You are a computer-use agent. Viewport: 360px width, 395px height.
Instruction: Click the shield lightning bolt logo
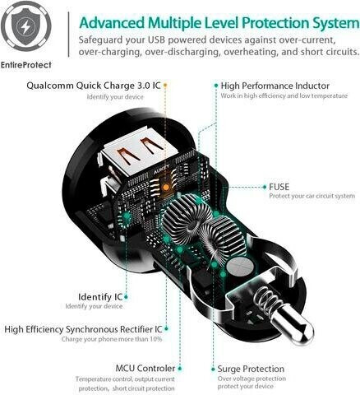(26, 26)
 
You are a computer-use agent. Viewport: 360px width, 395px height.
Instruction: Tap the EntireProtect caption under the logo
(26, 65)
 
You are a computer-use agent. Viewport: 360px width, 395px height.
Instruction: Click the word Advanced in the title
(112, 23)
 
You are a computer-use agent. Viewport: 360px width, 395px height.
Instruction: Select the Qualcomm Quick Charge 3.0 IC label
(94, 86)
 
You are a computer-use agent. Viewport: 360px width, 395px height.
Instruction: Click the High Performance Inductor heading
(275, 86)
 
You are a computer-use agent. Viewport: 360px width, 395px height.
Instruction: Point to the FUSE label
(279, 187)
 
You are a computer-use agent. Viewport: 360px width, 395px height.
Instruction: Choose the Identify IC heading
(100, 297)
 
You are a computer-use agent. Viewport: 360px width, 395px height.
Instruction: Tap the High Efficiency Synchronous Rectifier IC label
(83, 329)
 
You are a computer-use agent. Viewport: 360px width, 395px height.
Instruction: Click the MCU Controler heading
(145, 368)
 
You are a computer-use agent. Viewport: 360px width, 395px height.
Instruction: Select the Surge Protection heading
(251, 369)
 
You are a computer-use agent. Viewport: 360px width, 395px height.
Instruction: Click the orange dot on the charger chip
(165, 188)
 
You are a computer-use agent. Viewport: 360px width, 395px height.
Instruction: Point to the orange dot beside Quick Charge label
(165, 86)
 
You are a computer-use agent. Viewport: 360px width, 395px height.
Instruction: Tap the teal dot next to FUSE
(265, 187)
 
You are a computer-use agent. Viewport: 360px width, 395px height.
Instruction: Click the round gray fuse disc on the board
(239, 267)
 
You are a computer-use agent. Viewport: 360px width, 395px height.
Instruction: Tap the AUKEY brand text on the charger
(162, 169)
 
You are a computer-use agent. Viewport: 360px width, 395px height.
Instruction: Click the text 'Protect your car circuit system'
(312, 196)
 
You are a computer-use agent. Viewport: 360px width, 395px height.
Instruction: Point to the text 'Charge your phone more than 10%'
(112, 339)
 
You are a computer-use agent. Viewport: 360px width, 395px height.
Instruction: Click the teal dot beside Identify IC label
(126, 297)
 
